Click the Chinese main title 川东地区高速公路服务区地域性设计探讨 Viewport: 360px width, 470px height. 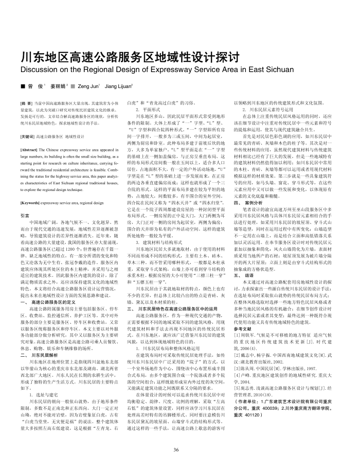pyautogui.click(x=122, y=56)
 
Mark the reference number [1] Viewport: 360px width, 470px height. pyautogui.click(x=237, y=334)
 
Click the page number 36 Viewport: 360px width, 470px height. pyautogui.click(x=176, y=449)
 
